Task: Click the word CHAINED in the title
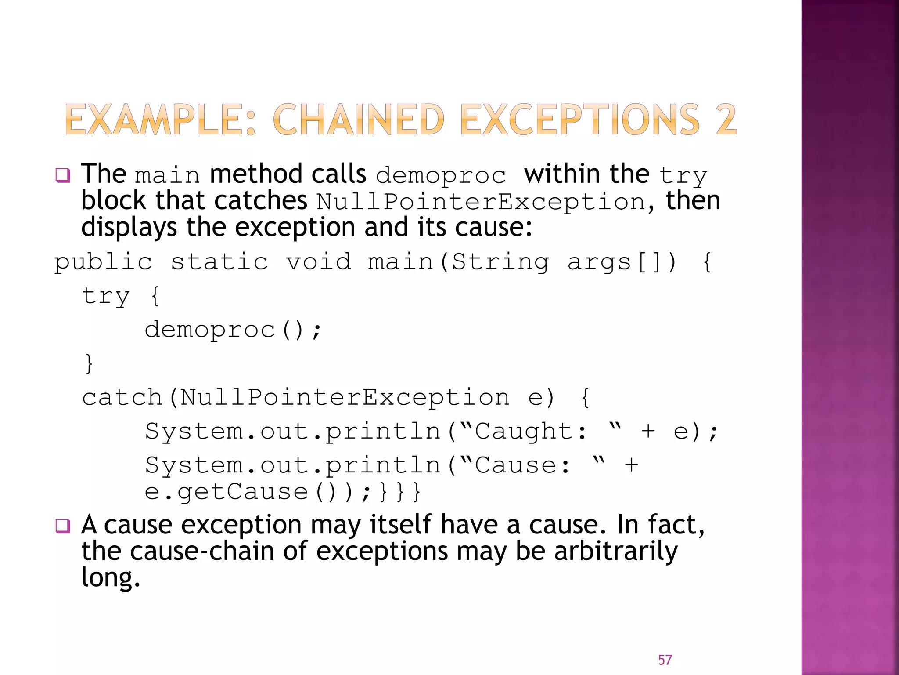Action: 359,120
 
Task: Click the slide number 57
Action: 665,660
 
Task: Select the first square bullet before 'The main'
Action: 63,175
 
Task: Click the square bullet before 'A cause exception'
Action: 63,526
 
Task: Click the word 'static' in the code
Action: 219,262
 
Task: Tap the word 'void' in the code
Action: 319,262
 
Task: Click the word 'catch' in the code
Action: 122,398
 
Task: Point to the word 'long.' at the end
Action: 111,578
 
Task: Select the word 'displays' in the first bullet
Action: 129,228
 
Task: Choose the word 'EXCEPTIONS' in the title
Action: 579,120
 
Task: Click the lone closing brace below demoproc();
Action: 89,364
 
